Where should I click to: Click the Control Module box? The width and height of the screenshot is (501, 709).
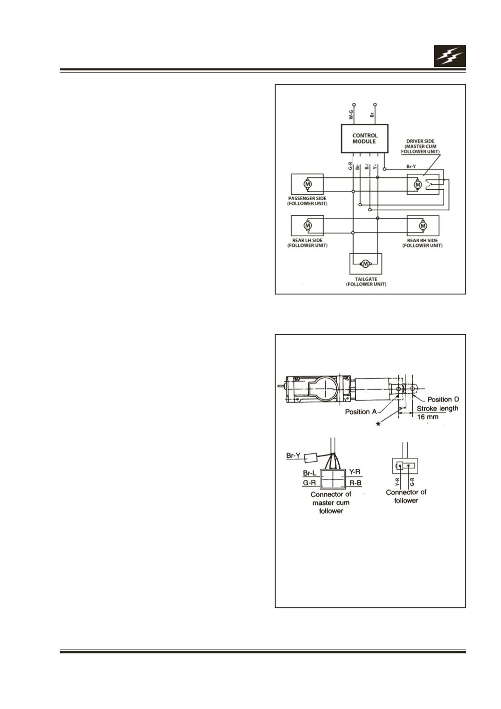click(x=364, y=138)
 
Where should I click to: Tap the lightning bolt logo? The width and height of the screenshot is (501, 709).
click(x=449, y=56)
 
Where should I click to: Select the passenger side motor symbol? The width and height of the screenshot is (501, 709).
click(x=307, y=183)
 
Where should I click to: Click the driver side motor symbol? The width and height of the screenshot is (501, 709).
click(x=418, y=184)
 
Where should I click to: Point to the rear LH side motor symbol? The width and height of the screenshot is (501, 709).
click(x=307, y=226)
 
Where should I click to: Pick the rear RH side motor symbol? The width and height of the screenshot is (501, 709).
click(x=423, y=226)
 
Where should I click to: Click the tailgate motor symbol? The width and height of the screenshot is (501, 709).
click(x=366, y=263)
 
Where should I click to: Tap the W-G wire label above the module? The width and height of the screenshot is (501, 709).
click(x=351, y=115)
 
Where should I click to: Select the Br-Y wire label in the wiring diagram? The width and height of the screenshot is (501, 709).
click(x=411, y=166)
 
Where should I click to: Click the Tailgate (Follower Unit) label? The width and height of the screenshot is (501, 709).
click(x=366, y=282)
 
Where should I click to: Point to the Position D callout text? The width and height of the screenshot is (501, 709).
click(x=443, y=399)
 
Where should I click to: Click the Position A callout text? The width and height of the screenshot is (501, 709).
click(x=361, y=412)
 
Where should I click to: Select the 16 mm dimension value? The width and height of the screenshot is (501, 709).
click(x=427, y=416)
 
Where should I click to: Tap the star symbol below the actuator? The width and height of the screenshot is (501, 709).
click(x=378, y=424)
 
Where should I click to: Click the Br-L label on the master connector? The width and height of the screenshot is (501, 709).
click(x=309, y=473)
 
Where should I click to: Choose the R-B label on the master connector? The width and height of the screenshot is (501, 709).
click(x=356, y=483)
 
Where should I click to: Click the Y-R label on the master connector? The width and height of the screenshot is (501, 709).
click(x=355, y=472)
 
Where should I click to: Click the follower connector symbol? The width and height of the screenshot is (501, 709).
click(x=405, y=465)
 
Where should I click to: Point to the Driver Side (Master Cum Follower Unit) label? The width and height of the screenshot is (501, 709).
click(x=420, y=146)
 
